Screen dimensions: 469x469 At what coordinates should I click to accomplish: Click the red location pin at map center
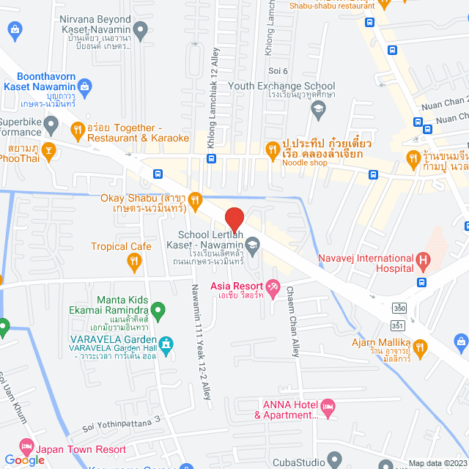tap(234, 219)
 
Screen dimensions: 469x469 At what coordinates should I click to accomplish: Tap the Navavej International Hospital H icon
tap(422, 259)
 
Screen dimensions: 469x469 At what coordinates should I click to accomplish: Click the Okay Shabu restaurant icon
tap(195, 199)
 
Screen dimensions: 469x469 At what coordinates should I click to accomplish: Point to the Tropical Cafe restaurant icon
tap(133, 260)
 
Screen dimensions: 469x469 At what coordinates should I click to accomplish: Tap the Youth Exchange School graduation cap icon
tap(318, 111)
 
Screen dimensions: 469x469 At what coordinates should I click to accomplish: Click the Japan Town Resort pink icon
tap(26, 446)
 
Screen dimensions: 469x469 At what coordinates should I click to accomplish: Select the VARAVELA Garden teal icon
tap(167, 342)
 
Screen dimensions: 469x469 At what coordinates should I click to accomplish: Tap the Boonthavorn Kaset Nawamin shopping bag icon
tap(86, 86)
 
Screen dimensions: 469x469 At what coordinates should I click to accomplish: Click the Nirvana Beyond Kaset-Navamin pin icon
tap(141, 30)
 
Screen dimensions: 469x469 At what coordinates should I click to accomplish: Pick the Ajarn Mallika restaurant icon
tap(420, 347)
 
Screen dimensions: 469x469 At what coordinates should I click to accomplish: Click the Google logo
tap(24, 459)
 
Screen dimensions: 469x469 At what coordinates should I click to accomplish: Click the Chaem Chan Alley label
tap(295, 322)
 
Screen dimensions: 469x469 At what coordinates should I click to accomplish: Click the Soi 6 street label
tap(278, 71)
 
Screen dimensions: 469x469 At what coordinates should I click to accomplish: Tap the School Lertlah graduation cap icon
tap(252, 243)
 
